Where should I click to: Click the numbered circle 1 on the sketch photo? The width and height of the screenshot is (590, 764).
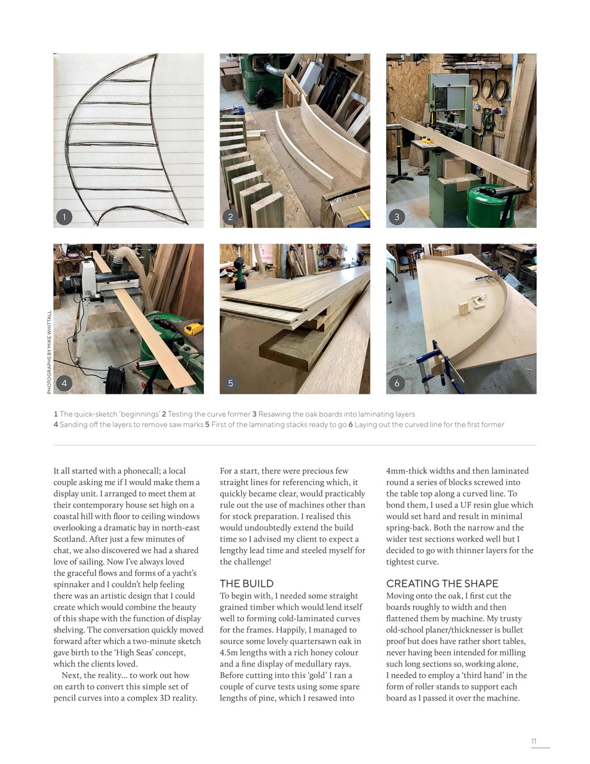pos(64,217)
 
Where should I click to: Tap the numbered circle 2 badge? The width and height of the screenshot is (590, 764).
pos(231,217)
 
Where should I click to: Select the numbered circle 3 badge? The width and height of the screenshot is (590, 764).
pos(397,217)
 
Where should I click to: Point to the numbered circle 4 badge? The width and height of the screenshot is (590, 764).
pos(64,383)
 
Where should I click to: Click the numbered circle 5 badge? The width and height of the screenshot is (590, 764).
pos(231,383)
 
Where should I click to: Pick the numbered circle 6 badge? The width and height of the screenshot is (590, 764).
pos(397,383)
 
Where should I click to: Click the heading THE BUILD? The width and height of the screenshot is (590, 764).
pos(247,583)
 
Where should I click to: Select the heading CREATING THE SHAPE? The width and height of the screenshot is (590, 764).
pos(442,583)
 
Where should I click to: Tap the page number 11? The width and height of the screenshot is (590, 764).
pos(534,741)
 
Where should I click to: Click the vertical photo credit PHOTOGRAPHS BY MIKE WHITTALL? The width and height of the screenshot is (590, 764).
pos(50,352)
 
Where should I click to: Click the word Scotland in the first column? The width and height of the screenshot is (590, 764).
pos(71,539)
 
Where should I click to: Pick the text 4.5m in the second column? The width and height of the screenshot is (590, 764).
pos(229,652)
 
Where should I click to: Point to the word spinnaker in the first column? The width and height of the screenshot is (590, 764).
pos(73,584)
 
